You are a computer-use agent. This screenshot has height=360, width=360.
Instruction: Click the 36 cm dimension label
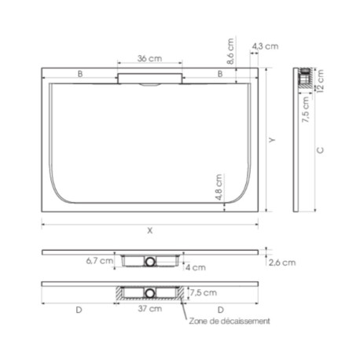click(150, 59)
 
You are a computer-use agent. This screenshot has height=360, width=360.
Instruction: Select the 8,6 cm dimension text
click(230, 54)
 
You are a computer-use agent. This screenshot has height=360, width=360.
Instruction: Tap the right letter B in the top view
click(221, 73)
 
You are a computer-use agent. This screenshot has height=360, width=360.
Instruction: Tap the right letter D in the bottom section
click(221, 310)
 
